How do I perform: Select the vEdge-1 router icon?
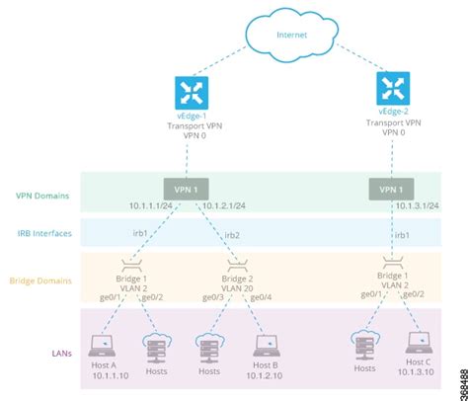187,95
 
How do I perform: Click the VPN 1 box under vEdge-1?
187,188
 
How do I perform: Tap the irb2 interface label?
232,235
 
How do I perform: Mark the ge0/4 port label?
261,295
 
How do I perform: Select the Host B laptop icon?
266,345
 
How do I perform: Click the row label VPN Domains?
42,196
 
